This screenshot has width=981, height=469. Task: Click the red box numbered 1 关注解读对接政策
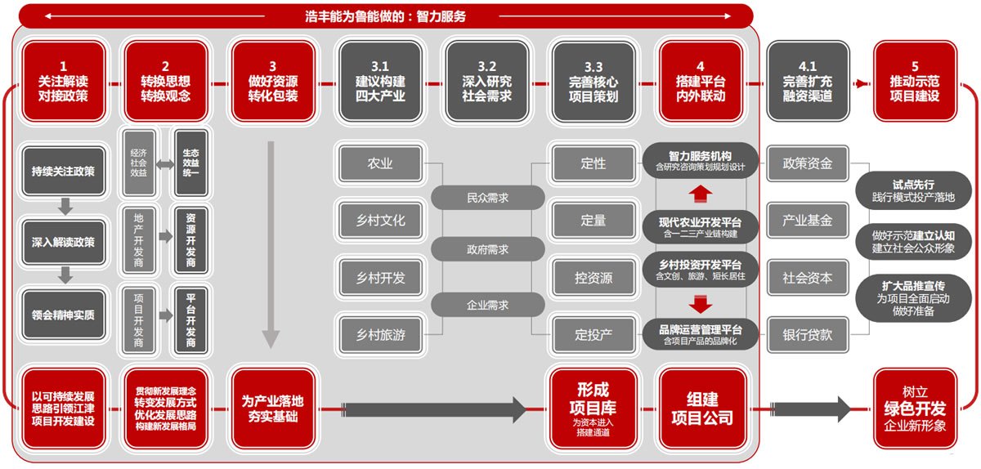point(63,82)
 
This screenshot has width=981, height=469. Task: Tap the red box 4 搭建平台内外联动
point(701,82)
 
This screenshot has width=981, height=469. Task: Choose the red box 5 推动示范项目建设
point(914,82)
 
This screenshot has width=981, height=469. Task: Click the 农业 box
point(381,163)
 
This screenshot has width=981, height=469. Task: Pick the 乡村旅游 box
point(381,333)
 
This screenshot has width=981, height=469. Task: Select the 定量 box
point(594,220)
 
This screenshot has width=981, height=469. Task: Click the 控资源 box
point(594,277)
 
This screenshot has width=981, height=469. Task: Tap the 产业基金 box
point(808,221)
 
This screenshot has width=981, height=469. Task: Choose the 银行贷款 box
point(808,334)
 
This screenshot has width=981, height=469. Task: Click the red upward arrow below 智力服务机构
point(701,194)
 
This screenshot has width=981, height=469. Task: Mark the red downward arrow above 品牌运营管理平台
point(701,305)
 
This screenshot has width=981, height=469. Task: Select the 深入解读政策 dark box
point(63,243)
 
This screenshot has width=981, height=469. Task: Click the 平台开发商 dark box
point(191,319)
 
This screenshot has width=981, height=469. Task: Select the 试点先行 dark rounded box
point(913,191)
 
